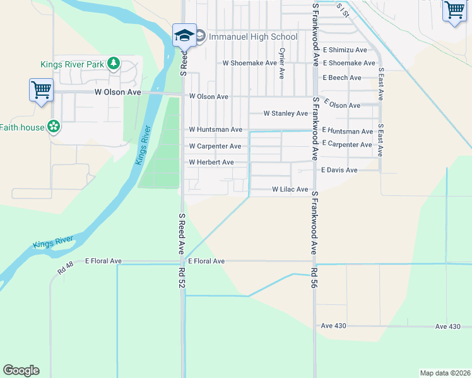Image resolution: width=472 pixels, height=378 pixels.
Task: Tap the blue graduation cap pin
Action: (185, 35)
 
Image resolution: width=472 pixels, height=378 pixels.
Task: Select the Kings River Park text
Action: (73, 64)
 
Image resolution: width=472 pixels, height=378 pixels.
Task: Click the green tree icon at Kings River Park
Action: (113, 62)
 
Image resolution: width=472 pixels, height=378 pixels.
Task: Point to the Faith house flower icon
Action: (54, 127)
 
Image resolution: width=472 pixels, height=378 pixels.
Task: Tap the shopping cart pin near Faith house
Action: (41, 89)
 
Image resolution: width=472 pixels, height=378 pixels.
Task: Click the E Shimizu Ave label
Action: (345, 50)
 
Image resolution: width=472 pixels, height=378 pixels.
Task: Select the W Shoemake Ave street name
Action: (250, 63)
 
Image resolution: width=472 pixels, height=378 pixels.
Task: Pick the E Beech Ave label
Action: (342, 77)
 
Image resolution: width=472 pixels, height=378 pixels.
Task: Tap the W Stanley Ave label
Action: (286, 113)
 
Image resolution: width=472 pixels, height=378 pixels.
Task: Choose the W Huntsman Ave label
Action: (216, 130)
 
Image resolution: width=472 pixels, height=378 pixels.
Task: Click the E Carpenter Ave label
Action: (347, 144)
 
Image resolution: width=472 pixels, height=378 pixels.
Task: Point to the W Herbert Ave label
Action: (211, 163)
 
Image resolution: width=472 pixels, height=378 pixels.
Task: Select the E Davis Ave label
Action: (339, 170)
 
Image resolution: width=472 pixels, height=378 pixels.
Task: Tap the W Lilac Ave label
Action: (290, 189)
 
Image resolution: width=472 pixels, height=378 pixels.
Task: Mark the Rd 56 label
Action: (314, 278)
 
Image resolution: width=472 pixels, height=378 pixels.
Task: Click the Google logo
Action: (21, 370)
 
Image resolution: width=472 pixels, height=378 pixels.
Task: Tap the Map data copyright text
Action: (445, 373)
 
